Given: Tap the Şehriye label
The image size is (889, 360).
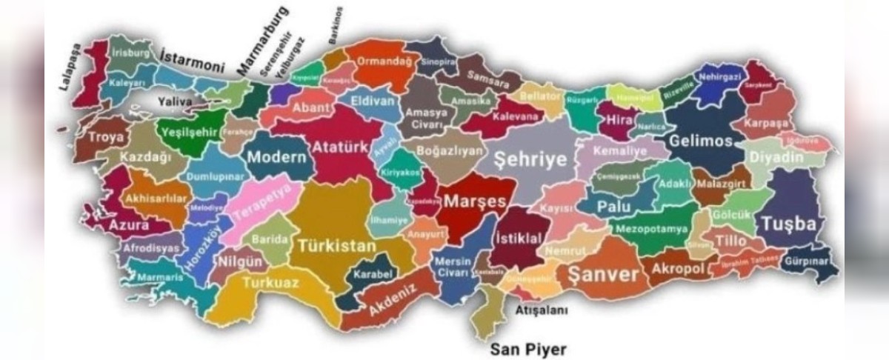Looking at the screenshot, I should (x=530, y=159).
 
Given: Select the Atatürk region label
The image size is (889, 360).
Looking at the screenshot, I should (x=339, y=147).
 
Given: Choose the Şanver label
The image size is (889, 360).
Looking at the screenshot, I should (x=603, y=275).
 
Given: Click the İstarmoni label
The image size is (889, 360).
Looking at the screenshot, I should (x=192, y=56).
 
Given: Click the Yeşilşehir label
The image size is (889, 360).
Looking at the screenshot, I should (x=188, y=132).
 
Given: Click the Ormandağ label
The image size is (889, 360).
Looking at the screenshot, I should (x=384, y=61).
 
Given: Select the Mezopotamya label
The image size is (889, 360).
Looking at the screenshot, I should (x=651, y=229).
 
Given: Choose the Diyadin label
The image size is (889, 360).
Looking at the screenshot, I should (x=776, y=158).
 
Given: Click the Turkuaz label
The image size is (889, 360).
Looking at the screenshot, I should (x=271, y=283).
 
